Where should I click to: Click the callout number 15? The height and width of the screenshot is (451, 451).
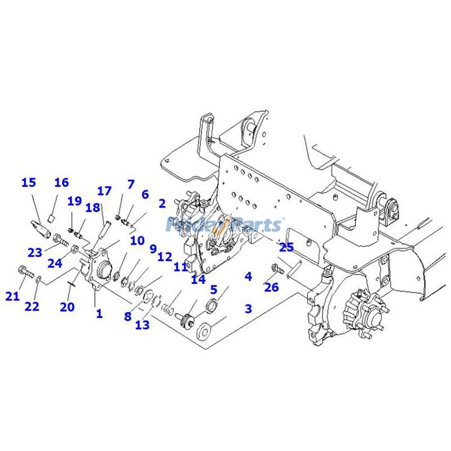tap(29, 183)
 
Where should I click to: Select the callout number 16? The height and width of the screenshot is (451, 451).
tap(61, 183)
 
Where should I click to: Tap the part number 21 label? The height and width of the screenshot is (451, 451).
tap(12, 296)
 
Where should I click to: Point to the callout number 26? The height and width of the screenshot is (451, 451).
tap(272, 288)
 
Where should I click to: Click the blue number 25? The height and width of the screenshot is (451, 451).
tap(286, 247)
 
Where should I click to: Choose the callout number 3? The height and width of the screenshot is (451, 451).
tap(248, 308)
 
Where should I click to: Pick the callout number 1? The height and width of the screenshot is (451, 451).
tap(99, 313)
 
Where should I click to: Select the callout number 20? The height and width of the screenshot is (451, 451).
tap(68, 307)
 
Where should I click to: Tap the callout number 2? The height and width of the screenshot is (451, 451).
tap(162, 204)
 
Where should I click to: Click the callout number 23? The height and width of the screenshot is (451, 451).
tap(35, 252)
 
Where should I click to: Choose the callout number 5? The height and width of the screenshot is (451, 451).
tap(214, 290)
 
